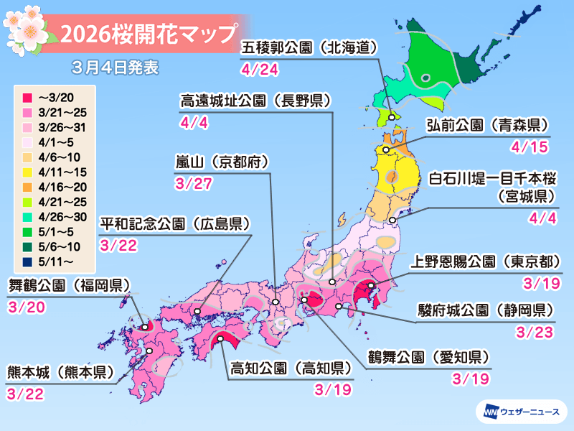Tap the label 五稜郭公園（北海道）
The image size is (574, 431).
308,48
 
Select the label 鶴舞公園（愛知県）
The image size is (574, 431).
428,357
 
